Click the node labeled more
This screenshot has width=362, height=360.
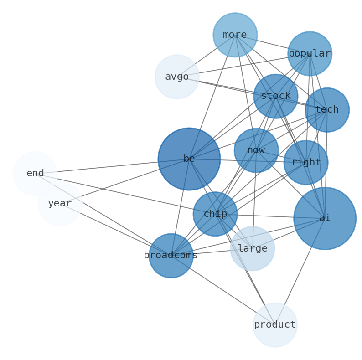[x=235, y=35]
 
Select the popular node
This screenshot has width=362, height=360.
[x=310, y=54]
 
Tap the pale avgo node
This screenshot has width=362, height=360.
[x=177, y=77]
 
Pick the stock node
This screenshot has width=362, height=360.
[x=275, y=96]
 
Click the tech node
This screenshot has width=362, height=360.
[x=327, y=110]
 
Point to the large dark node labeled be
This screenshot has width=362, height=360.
[x=189, y=159]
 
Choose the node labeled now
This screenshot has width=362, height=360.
[x=256, y=150]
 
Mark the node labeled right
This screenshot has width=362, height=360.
[x=305, y=163]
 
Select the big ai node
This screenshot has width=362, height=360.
[x=325, y=218]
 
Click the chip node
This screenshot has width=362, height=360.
[x=215, y=214]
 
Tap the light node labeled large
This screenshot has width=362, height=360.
[x=252, y=249]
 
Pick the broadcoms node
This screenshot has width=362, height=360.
[x=171, y=256]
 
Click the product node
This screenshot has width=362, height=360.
[x=275, y=325]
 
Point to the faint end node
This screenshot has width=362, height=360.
[x=35, y=174]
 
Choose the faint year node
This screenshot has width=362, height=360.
[x=60, y=204]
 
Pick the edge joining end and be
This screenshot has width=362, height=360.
[x=114, y=166]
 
